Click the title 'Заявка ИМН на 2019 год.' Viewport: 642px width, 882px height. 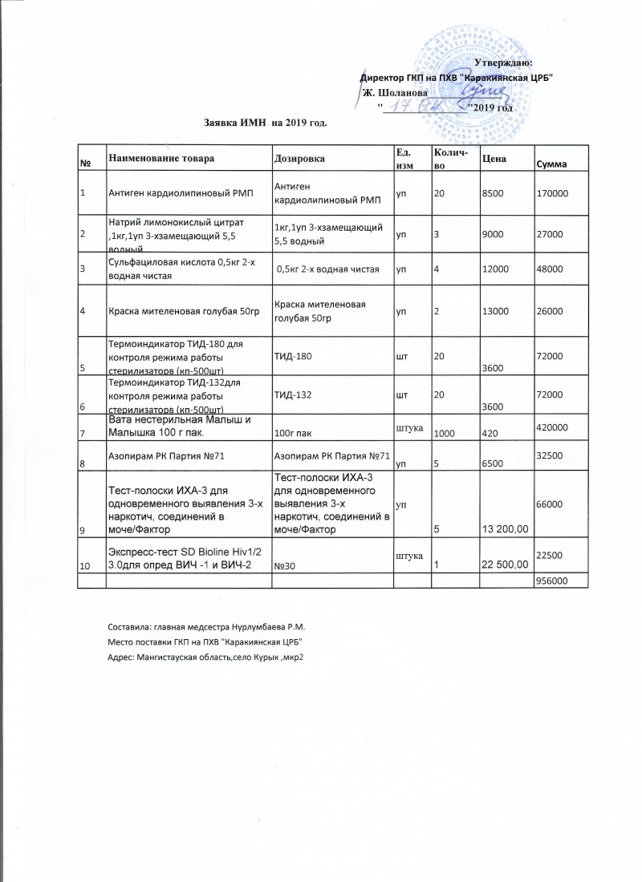pos(266,123)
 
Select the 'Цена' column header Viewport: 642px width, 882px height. pos(493,159)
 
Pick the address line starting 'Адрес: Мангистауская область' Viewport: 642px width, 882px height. pos(208,657)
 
